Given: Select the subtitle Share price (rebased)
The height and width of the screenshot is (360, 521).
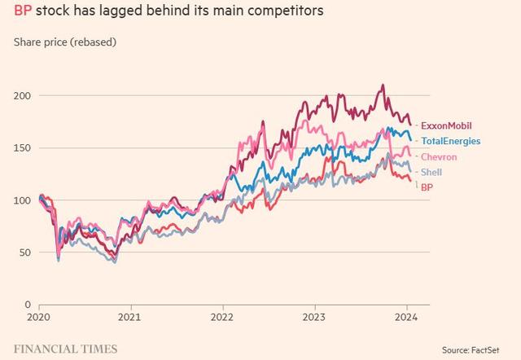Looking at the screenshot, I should click(64, 41).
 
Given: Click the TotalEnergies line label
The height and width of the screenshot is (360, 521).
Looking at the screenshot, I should click(449, 141).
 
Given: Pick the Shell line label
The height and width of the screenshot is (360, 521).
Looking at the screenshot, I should click(431, 172).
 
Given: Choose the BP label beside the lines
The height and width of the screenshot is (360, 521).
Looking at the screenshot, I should click(427, 187).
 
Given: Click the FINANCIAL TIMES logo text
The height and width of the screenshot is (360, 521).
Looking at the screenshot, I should click(65, 349).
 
